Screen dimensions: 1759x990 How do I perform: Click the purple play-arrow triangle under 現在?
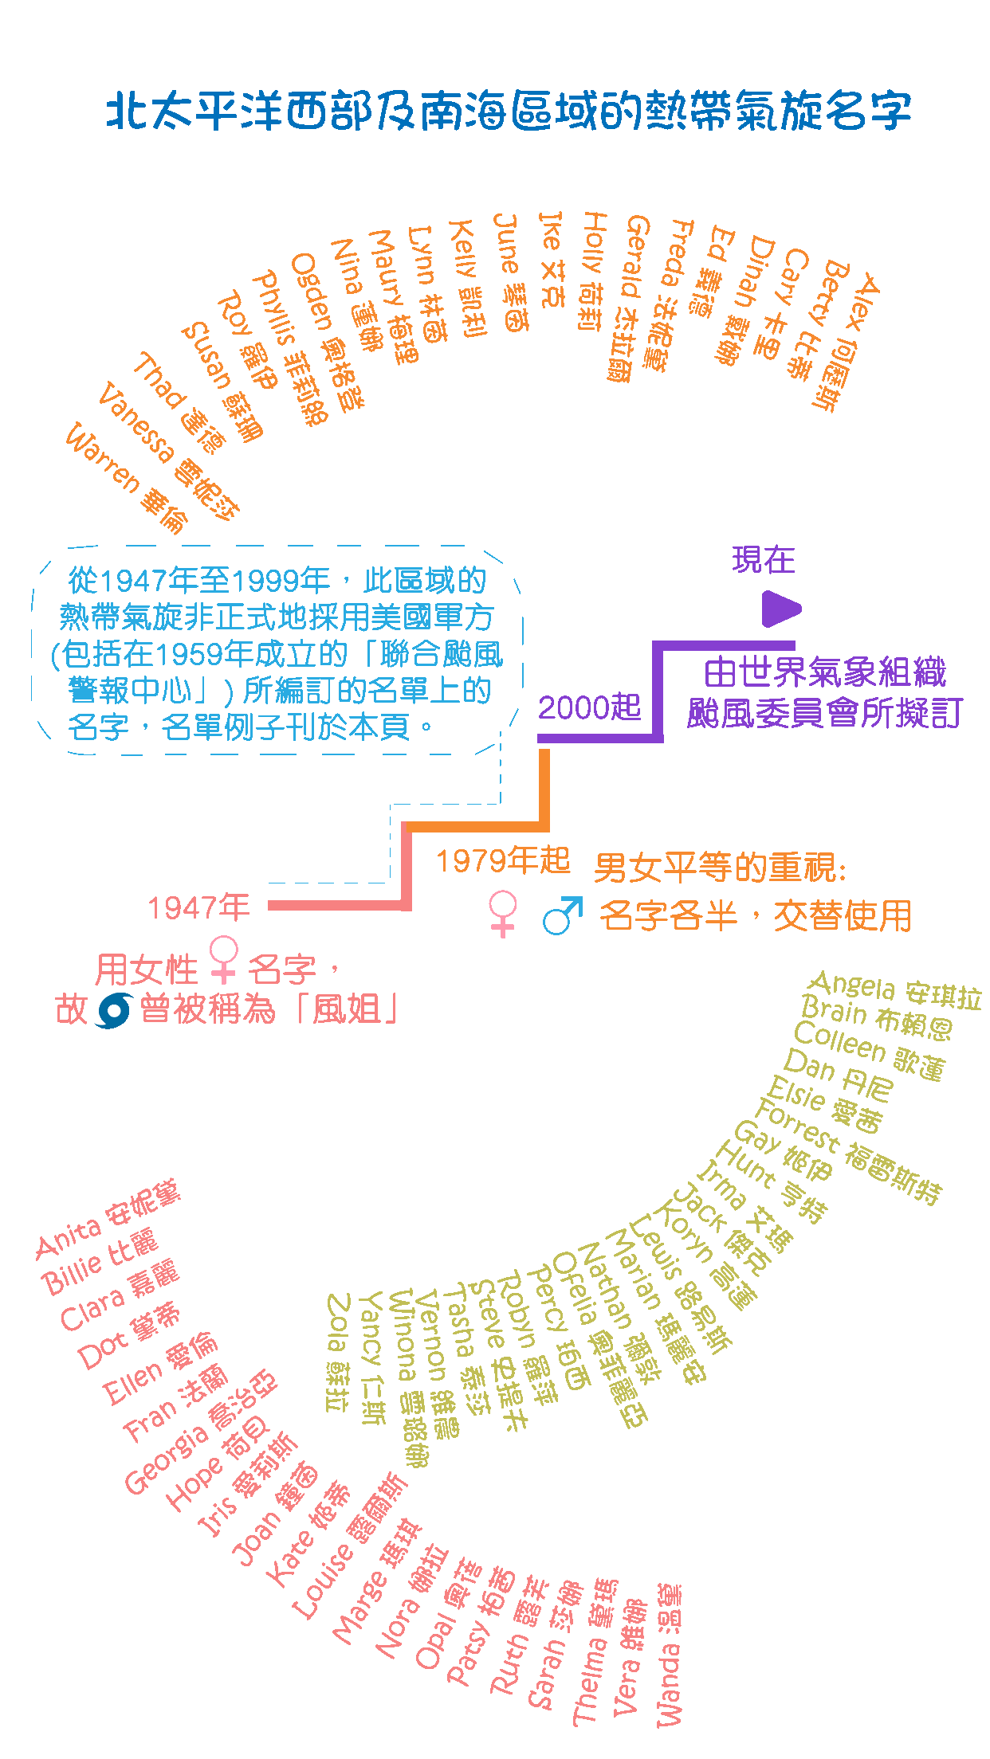pyautogui.click(x=780, y=609)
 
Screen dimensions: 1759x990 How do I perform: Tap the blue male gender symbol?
pyautogui.click(x=561, y=915)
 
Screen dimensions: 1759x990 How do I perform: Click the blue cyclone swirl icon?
pyautogui.click(x=112, y=1010)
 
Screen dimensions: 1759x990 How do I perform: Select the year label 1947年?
pyautogui.click(x=198, y=907)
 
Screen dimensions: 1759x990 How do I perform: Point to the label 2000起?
pyautogui.click(x=589, y=707)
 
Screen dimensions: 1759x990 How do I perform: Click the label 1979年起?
pyautogui.click(x=502, y=860)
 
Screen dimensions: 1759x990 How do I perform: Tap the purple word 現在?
pyautogui.click(x=763, y=559)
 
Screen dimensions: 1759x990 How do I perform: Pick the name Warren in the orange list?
pyautogui.click(x=101, y=457)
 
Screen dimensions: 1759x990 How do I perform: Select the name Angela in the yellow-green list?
pyautogui.click(x=851, y=986)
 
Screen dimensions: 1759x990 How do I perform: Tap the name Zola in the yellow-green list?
pyautogui.click(x=339, y=1322)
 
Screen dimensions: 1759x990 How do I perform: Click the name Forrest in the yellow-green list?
pyautogui.click(x=796, y=1123)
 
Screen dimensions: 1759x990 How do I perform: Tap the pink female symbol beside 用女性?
pyautogui.click(x=224, y=959)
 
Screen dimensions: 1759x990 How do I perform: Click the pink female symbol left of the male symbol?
pyautogui.click(x=503, y=914)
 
